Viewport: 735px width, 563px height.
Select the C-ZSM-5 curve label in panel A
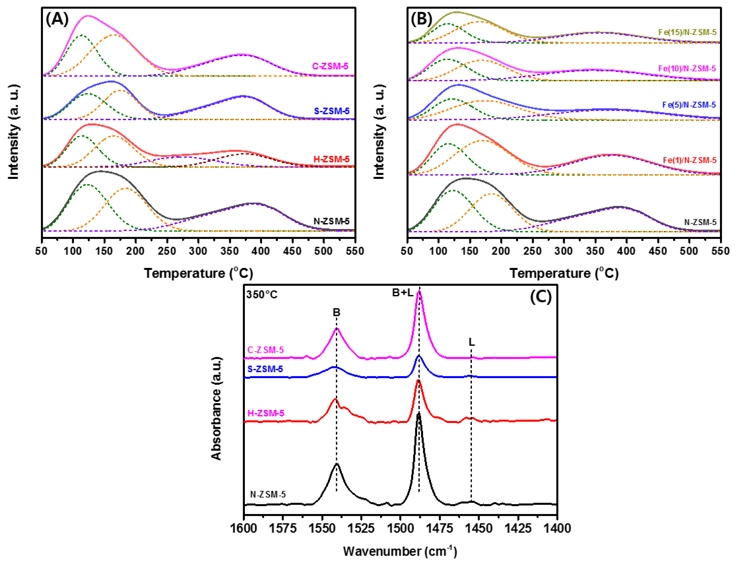point(330,66)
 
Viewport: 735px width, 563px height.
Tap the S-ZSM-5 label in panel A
point(331,111)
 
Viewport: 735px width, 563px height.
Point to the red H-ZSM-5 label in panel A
point(331,159)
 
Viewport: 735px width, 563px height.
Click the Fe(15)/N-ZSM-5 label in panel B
point(687,32)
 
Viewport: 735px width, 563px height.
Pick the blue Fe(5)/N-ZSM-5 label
point(689,105)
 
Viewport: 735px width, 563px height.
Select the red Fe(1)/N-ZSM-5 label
point(689,160)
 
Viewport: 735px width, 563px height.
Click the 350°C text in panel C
point(262,295)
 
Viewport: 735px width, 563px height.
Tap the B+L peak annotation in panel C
point(403,293)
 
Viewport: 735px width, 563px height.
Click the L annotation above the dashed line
point(472,342)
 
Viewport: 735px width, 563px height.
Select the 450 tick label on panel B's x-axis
point(658,251)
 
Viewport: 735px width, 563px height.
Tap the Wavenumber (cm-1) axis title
point(400,551)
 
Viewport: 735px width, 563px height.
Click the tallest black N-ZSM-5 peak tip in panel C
point(418,414)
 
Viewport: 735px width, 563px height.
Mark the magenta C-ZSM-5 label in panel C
point(265,350)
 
